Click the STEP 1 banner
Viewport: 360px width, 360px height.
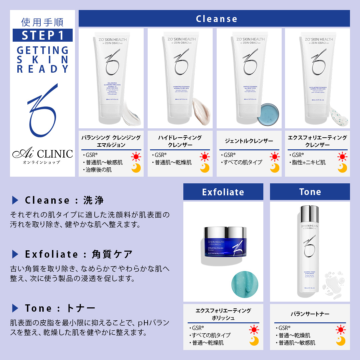[x=42, y=35]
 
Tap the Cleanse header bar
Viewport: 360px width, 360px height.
[x=214, y=18]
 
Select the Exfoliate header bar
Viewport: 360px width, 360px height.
[x=223, y=192]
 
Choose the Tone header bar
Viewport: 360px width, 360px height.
[x=310, y=192]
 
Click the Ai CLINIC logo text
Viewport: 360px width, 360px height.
[x=42, y=154]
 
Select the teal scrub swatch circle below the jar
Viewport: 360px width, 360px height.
[x=245, y=284]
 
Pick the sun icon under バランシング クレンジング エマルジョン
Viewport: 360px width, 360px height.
[x=136, y=157]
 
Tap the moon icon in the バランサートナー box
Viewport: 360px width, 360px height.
[x=340, y=341]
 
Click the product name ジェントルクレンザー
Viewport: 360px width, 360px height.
[x=249, y=141]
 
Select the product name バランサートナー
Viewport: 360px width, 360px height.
[x=310, y=314]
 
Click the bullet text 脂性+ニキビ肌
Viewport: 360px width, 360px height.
[x=309, y=162]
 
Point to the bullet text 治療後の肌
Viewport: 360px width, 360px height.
[x=99, y=170]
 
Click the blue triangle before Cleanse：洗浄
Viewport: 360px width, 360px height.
[x=15, y=200]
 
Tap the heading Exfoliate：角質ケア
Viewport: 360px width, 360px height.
[x=79, y=254]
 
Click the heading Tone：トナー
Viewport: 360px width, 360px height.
[x=60, y=308]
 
